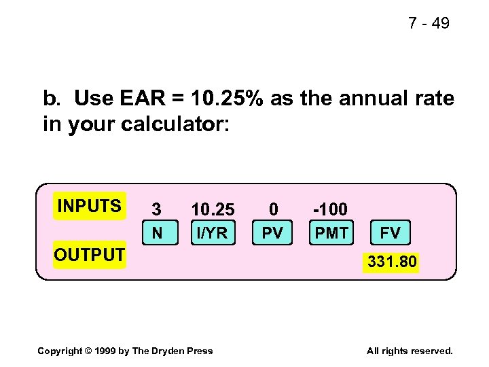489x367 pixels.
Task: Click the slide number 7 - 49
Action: coord(429,23)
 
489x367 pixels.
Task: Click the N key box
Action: coord(157,233)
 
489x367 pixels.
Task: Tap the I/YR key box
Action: coord(213,233)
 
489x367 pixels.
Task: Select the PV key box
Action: coord(272,233)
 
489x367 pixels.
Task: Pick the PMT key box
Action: coord(331,233)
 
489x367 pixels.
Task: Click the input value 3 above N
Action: coord(157,209)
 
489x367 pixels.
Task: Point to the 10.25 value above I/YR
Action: coord(213,209)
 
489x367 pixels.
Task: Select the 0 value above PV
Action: coord(273,209)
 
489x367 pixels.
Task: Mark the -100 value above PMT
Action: coord(330,209)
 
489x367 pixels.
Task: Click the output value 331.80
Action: coord(393,261)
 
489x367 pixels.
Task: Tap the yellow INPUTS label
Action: coord(90,206)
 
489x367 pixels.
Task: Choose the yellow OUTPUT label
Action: coord(90,255)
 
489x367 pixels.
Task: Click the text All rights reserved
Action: coord(409,351)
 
